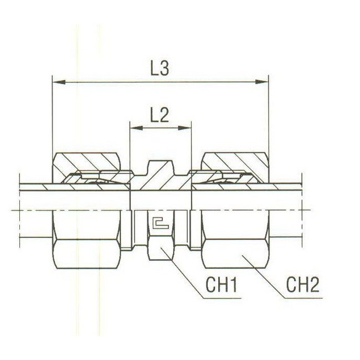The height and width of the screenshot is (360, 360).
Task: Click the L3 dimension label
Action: (x=160, y=69)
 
